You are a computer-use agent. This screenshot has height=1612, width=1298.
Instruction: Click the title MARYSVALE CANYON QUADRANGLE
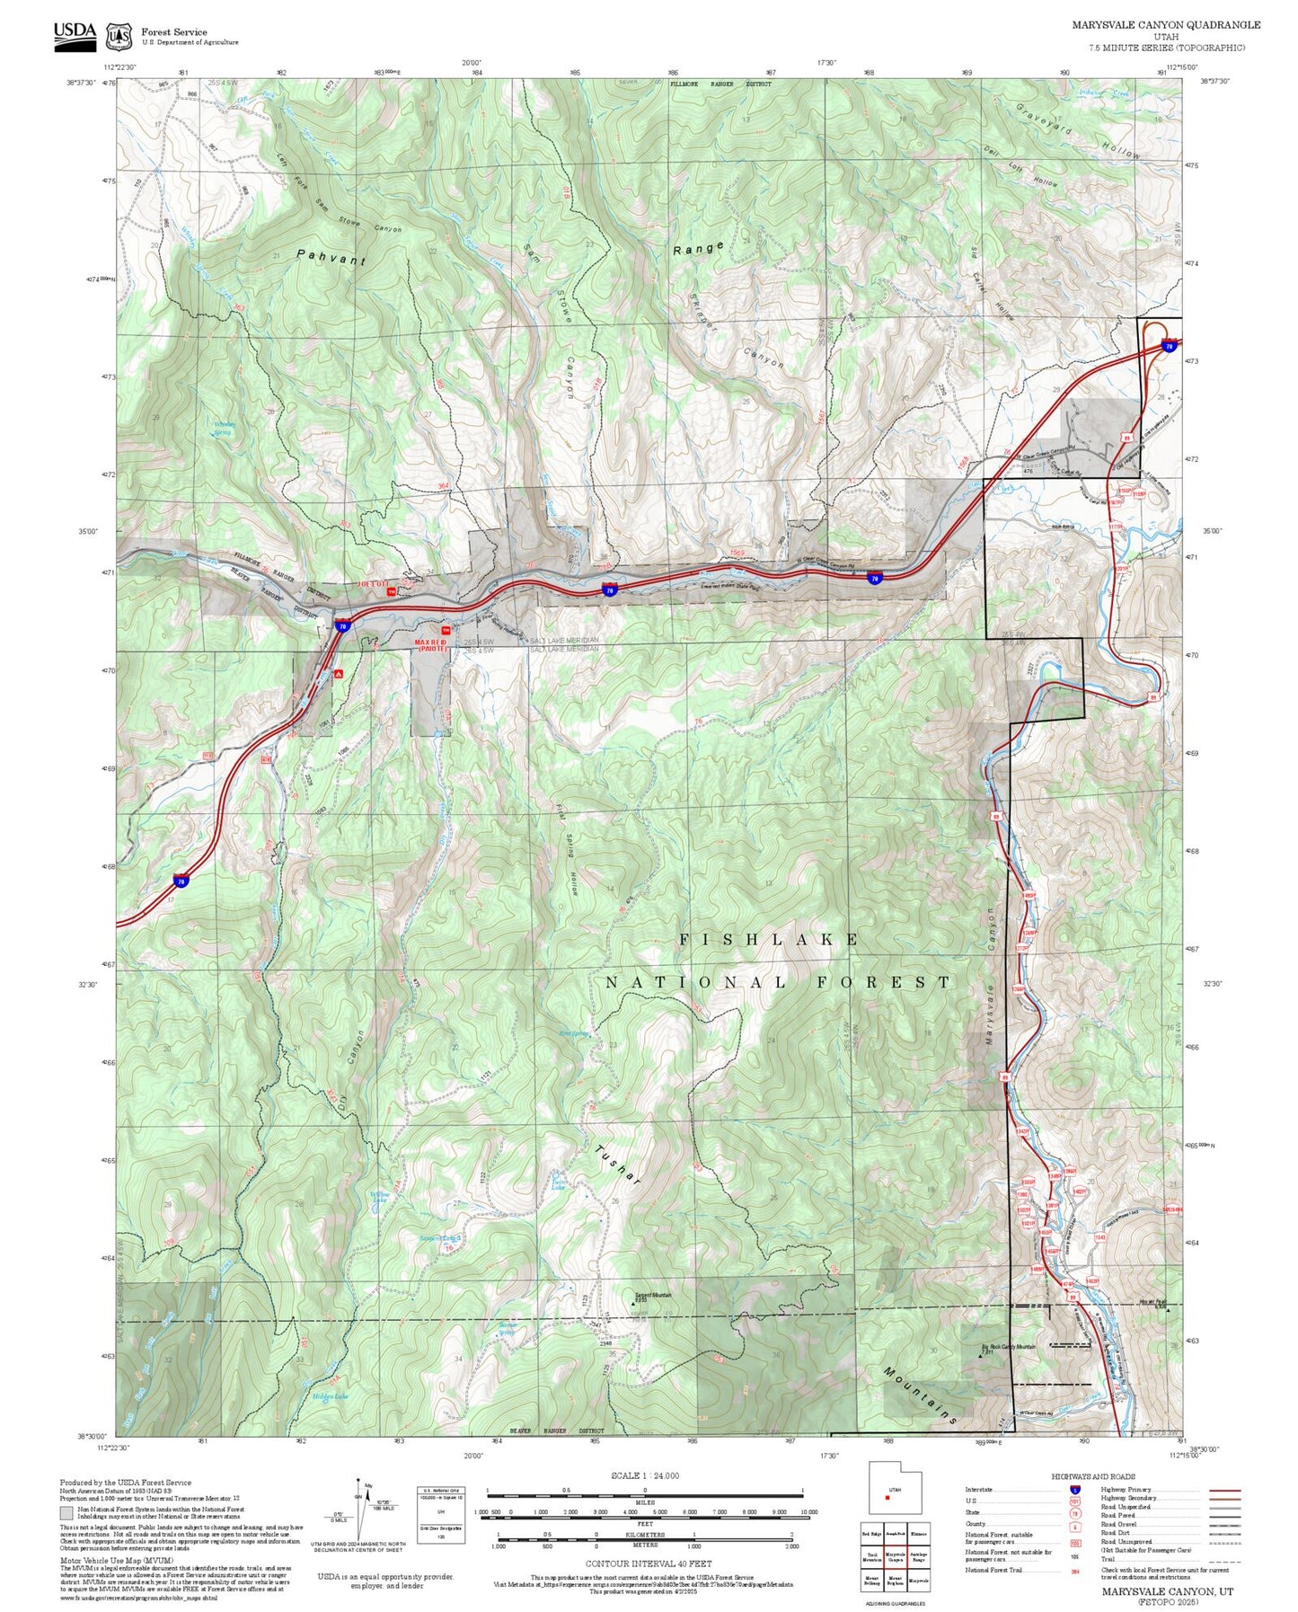point(1165,25)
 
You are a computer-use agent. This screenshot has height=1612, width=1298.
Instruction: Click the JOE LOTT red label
point(371,584)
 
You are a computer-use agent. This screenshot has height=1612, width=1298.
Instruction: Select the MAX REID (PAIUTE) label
point(430,644)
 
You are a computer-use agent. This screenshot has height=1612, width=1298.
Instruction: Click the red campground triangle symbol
point(339,673)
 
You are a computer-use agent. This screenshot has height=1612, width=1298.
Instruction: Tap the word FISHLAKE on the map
point(769,939)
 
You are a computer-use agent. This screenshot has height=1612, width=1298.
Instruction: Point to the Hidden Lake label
point(329,1396)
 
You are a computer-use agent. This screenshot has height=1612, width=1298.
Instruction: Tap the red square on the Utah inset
point(887,1497)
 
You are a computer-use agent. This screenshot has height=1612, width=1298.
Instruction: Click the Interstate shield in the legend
point(1074,1490)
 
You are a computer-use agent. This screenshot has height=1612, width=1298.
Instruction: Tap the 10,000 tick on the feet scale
point(808,1512)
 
